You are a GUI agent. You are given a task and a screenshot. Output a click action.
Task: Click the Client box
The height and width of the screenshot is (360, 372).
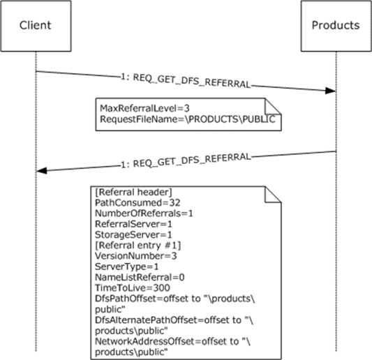[x=35, y=26]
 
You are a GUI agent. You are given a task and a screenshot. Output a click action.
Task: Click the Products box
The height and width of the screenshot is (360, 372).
[x=336, y=26]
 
